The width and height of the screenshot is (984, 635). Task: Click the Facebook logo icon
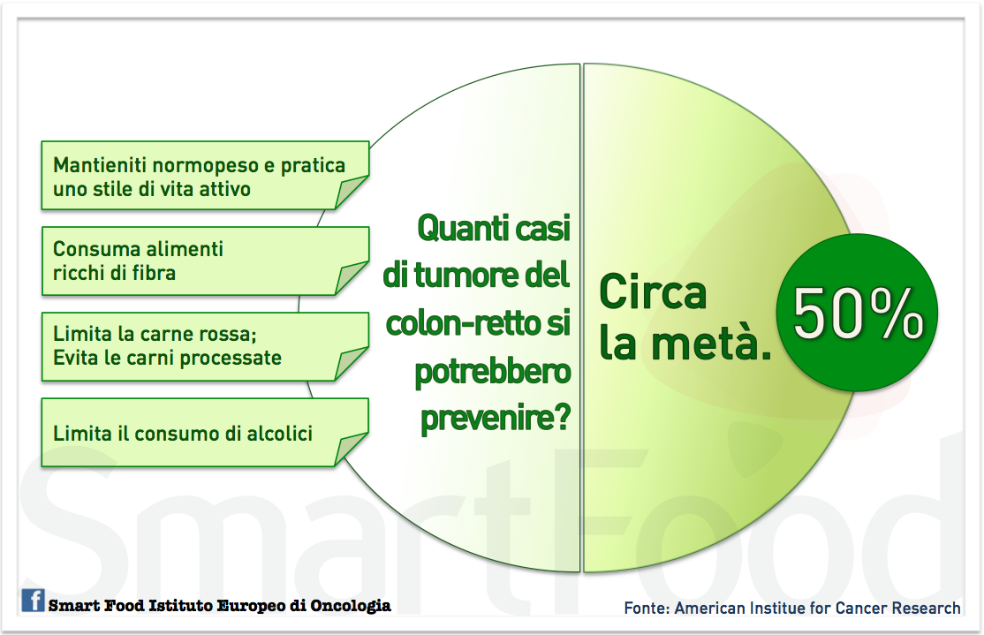pyautogui.click(x=34, y=601)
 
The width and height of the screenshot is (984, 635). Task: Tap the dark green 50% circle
pyautogui.click(x=856, y=314)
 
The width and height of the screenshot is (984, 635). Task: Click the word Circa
pyautogui.click(x=653, y=291)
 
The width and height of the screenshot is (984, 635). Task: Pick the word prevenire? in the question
pyautogui.click(x=494, y=418)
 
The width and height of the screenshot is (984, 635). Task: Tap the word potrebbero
pyautogui.click(x=492, y=372)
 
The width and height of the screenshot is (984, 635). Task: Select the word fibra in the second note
pyautogui.click(x=153, y=273)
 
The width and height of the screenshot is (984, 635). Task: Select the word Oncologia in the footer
pyautogui.click(x=348, y=606)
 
